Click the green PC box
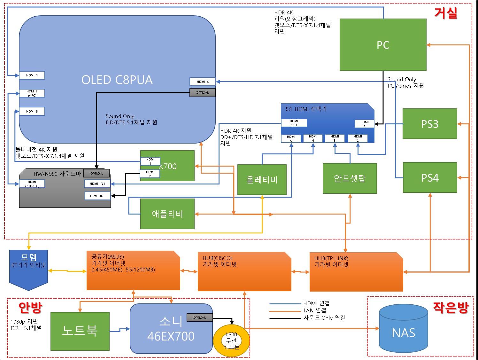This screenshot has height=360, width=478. (383, 45)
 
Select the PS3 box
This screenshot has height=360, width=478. (430, 124)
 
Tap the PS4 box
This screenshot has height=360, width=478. (430, 177)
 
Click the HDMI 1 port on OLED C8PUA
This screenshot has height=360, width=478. (32, 75)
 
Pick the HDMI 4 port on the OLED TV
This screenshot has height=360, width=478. (203, 82)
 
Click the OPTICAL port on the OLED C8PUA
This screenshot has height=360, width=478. (202, 92)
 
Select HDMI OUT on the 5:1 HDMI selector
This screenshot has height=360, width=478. (294, 123)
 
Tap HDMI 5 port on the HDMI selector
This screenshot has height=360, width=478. (291, 138)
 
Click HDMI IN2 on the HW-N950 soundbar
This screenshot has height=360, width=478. (97, 196)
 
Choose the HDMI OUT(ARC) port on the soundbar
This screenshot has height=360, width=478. (32, 184)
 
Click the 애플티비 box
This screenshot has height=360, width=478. (167, 214)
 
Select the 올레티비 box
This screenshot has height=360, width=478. (262, 180)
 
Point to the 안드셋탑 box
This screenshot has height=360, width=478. (350, 178)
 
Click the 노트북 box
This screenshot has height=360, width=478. (80, 331)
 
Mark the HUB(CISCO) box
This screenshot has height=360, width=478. (244, 272)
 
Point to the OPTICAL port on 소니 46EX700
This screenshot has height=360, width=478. (199, 317)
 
